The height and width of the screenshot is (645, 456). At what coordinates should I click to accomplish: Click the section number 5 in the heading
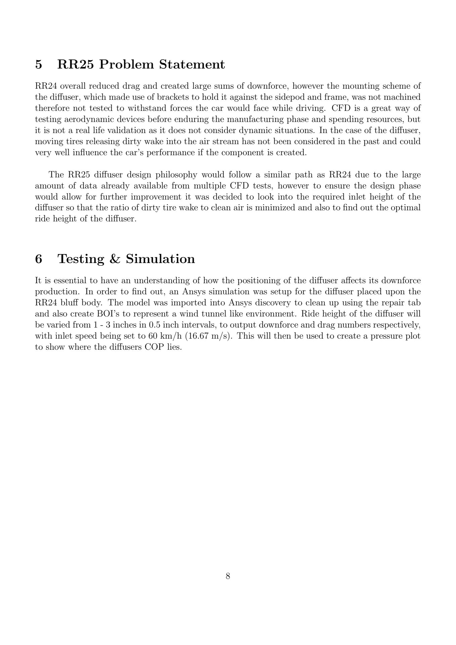click(39, 64)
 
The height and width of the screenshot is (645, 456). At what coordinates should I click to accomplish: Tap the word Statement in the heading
click(192, 64)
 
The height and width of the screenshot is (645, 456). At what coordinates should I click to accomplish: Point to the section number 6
click(39, 259)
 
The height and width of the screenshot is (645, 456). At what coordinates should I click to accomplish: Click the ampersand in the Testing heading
click(115, 259)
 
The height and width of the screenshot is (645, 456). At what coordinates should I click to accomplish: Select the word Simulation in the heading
click(160, 259)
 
